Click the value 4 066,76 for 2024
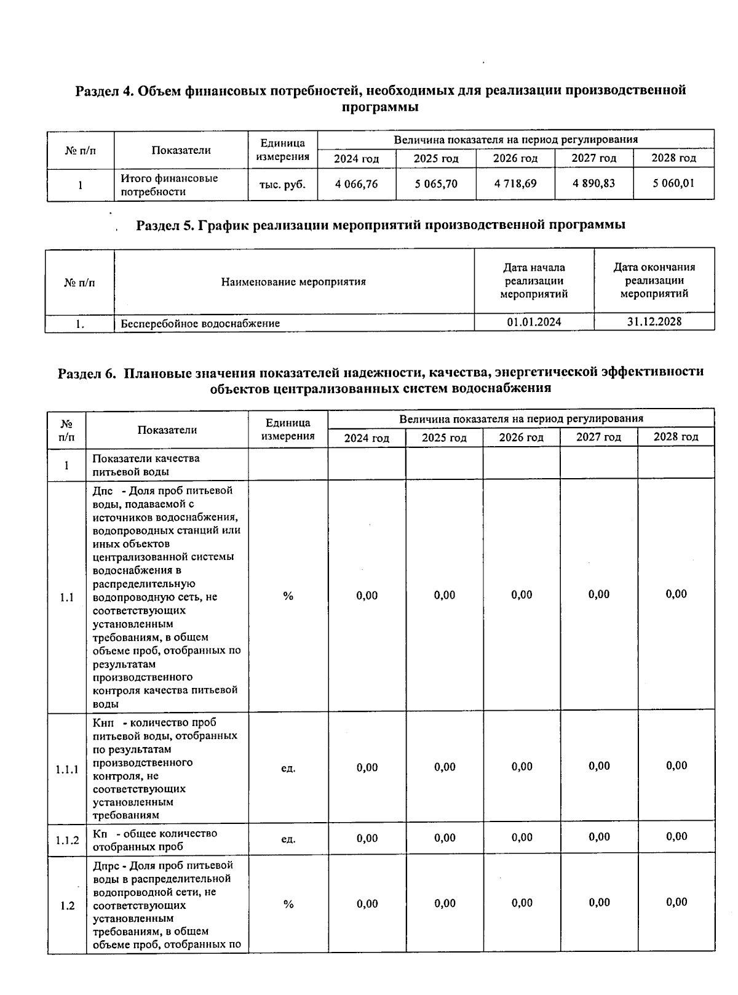357,184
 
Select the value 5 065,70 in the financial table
436,184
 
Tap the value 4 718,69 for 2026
515,184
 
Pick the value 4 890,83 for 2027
593,183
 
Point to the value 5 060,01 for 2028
673,183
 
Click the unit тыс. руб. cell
282,185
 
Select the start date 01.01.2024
534,322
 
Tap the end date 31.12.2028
654,321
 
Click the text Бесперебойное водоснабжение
200,323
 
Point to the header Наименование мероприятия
293,282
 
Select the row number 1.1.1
66,769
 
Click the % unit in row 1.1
288,596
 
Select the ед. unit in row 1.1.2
288,839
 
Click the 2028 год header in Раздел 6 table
676,437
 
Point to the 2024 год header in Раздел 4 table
356,159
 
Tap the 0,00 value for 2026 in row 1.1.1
522,767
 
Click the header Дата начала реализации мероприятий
534,281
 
